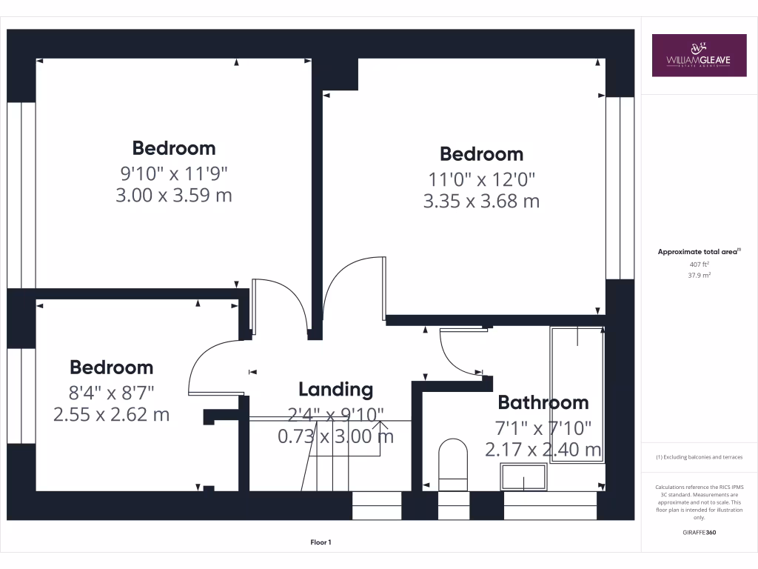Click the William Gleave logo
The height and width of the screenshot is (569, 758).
click(x=699, y=55)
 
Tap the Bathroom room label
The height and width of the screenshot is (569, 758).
click(x=543, y=402)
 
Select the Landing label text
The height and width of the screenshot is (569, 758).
click(x=335, y=389)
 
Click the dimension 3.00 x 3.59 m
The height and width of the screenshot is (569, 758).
click(x=174, y=196)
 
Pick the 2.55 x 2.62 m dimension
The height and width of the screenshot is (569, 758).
click(x=112, y=414)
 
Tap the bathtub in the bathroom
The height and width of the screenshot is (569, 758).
click(x=577, y=393)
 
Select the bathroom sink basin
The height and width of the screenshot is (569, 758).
click(x=524, y=476)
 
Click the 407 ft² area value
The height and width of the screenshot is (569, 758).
click(x=700, y=264)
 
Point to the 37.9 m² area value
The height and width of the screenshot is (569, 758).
click(x=700, y=275)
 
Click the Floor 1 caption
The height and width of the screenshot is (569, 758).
click(x=321, y=542)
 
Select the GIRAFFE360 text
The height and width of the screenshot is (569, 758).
click(x=700, y=532)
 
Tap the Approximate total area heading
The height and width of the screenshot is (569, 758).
click(x=700, y=252)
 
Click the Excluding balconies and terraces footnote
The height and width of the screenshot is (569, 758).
click(x=700, y=457)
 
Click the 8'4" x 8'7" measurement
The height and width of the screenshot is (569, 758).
click(x=112, y=391)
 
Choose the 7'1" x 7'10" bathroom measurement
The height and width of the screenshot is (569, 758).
click(x=543, y=427)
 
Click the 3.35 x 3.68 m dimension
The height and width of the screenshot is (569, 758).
click(x=481, y=201)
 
